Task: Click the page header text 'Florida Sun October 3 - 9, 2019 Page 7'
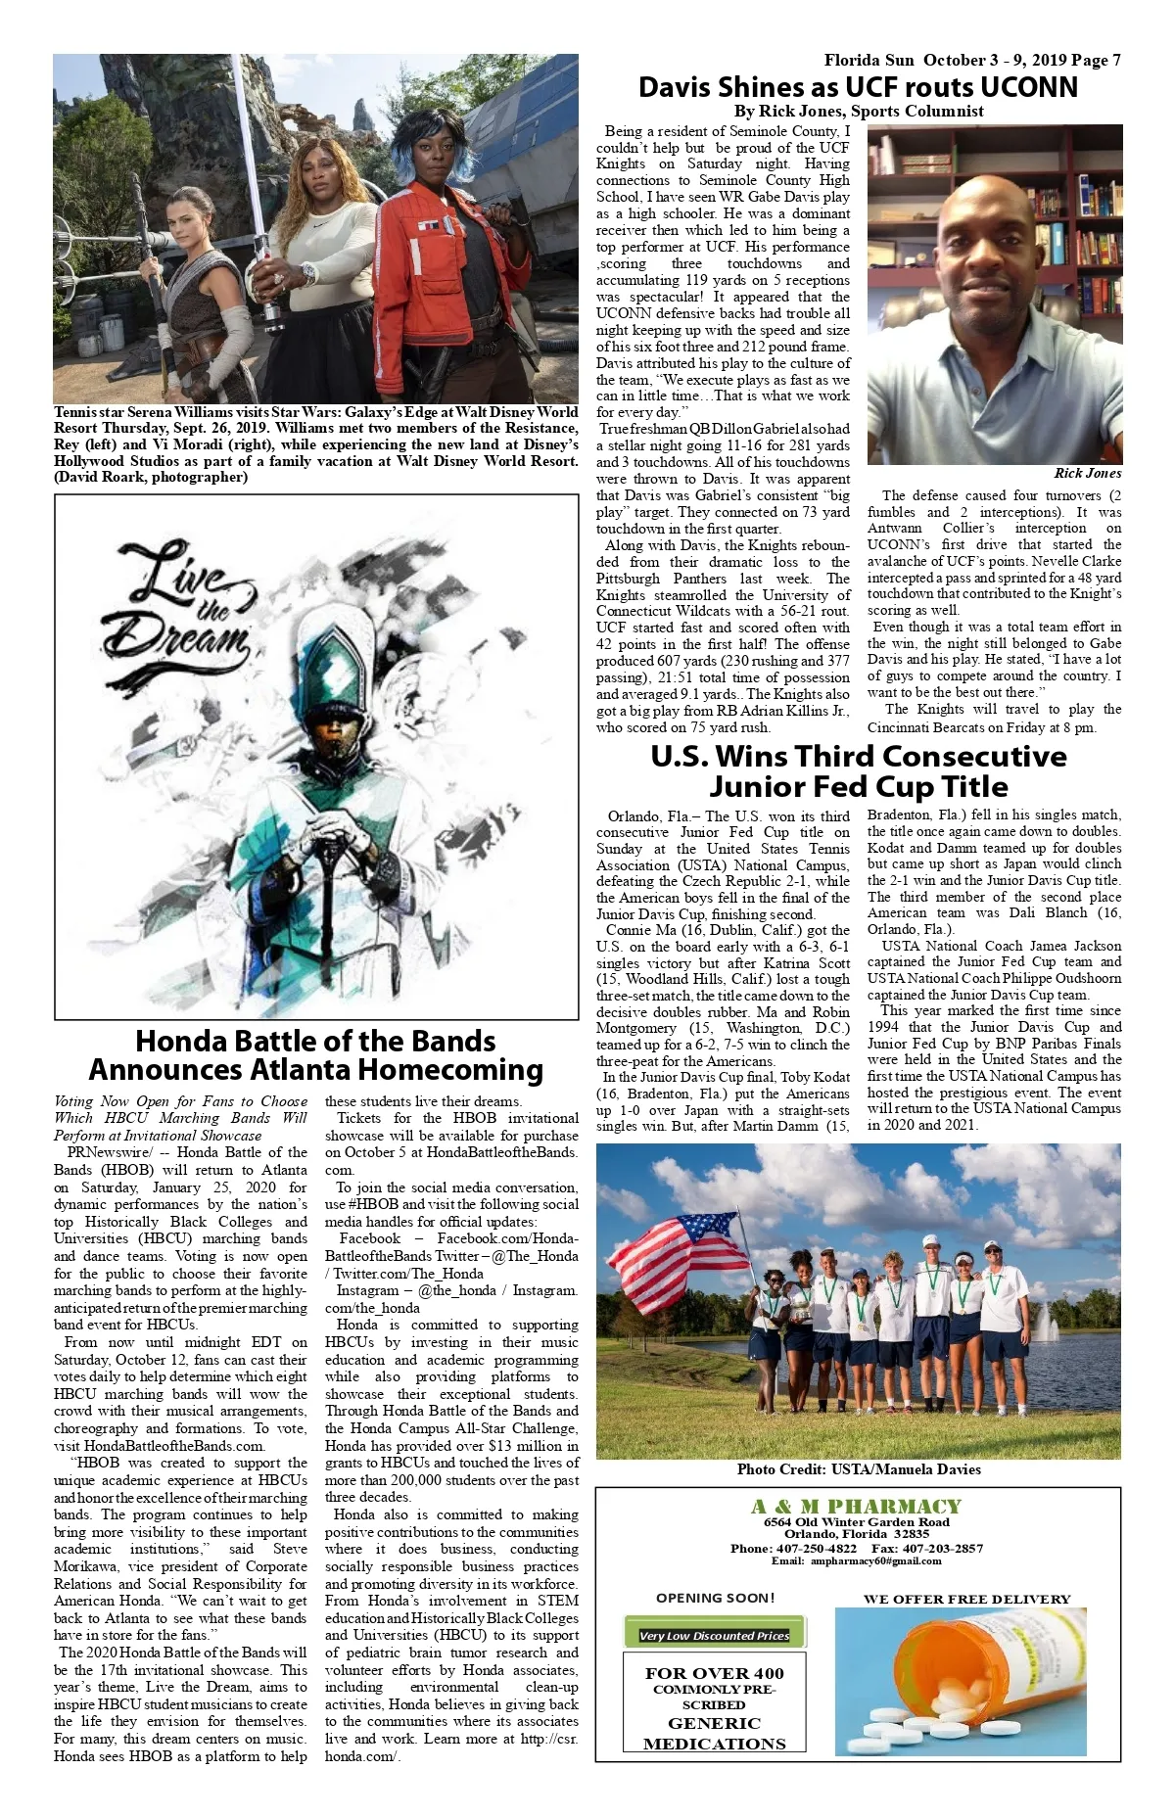click(x=971, y=61)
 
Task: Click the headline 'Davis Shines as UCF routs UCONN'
click(x=858, y=87)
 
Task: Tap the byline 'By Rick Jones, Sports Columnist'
click(x=859, y=111)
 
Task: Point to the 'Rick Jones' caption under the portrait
click(x=1087, y=473)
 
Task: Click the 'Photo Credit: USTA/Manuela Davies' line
click(x=858, y=1468)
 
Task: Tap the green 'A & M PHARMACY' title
click(x=857, y=1507)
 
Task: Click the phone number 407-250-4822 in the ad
click(x=816, y=1548)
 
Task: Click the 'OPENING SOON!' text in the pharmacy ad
click(x=715, y=1598)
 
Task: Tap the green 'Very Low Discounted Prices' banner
click(x=715, y=1635)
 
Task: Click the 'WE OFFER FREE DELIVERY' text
click(x=966, y=1599)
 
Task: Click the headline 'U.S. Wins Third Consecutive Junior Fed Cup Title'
click(x=858, y=771)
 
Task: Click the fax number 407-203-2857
click(x=941, y=1548)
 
